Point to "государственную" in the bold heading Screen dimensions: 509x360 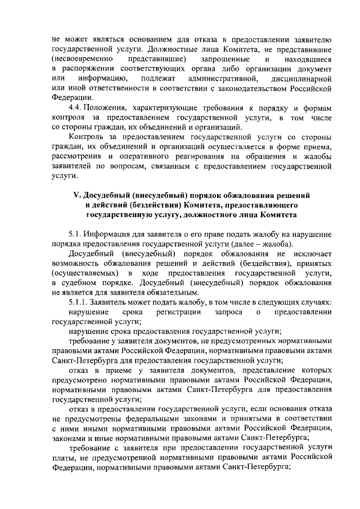pyautogui.click(x=121, y=214)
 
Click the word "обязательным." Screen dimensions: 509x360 pyautogui.click(x=170, y=292)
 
